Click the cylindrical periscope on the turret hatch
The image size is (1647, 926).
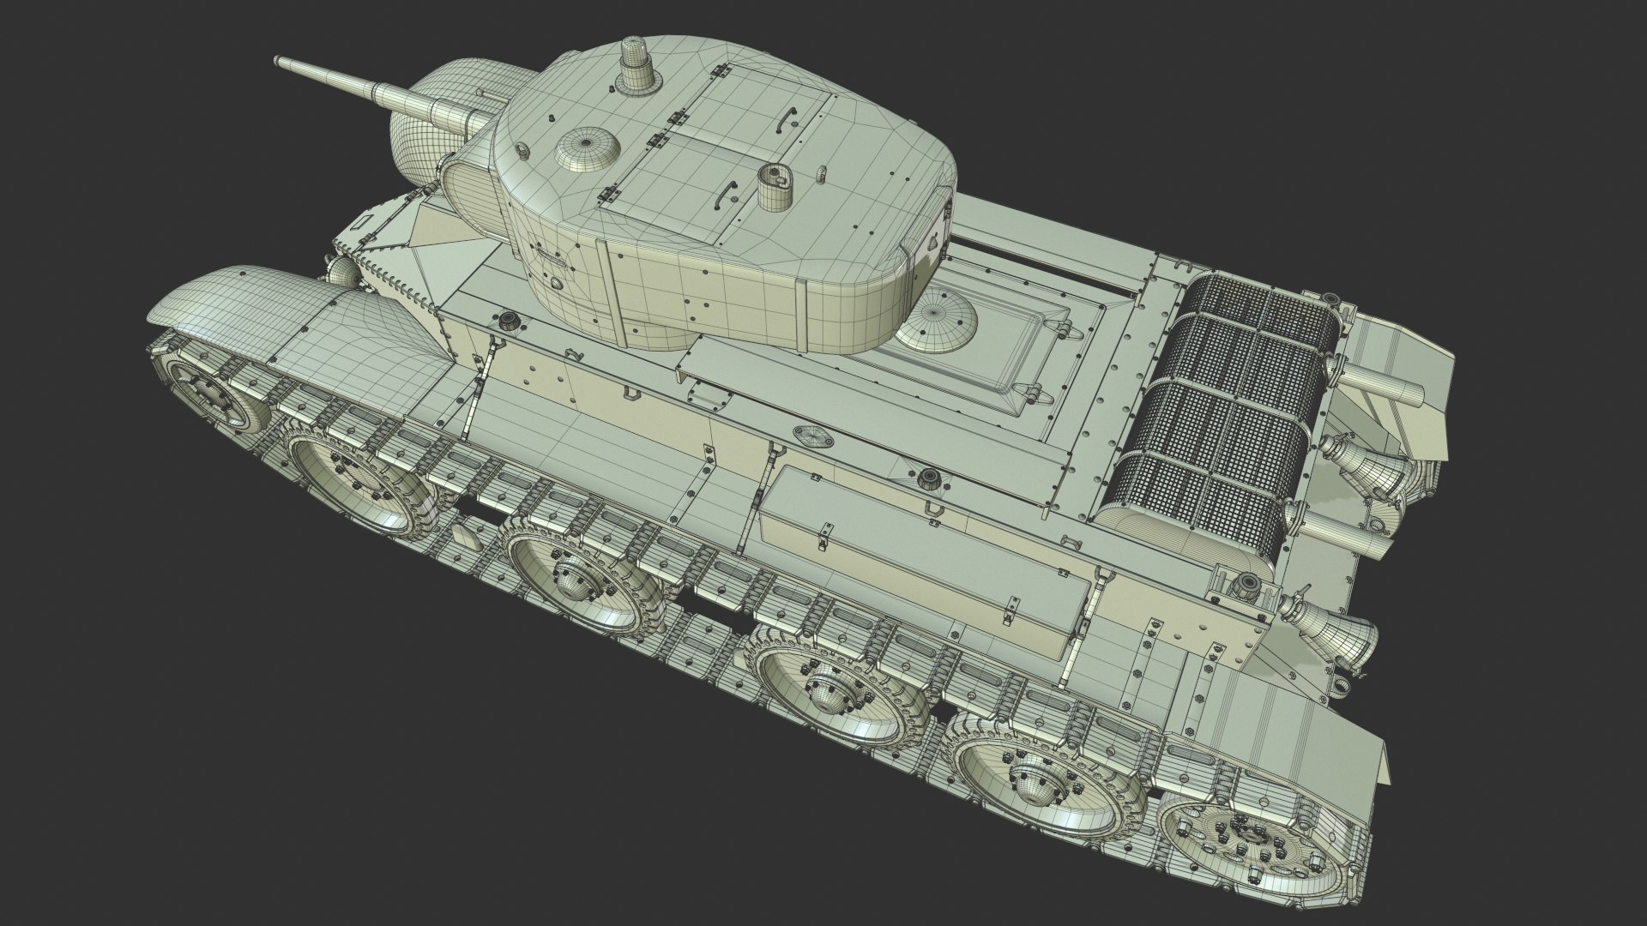(x=775, y=189)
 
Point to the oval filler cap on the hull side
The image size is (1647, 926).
(x=812, y=436)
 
